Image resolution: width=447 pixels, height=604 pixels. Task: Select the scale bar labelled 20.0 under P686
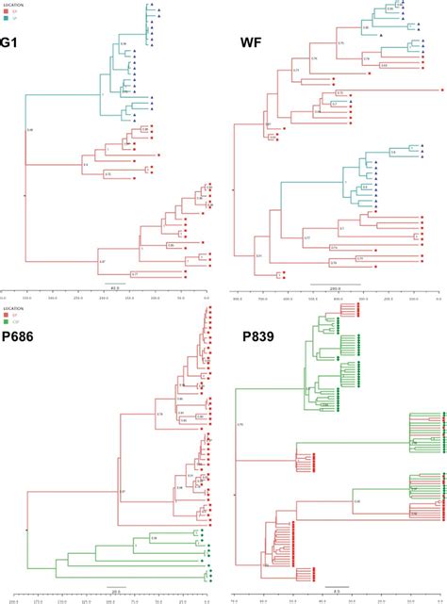click(x=115, y=589)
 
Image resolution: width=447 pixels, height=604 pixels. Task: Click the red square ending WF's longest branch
click(x=441, y=90)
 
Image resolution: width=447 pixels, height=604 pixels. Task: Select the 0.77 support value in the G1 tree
click(x=134, y=273)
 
